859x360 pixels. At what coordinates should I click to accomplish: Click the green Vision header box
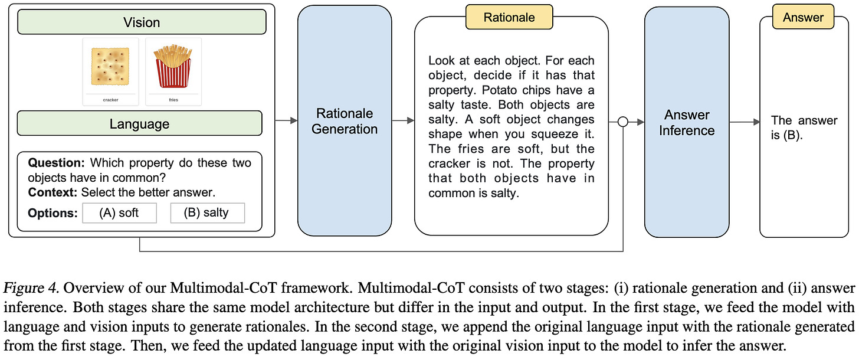[x=142, y=22]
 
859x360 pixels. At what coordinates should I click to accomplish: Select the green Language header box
[x=139, y=124]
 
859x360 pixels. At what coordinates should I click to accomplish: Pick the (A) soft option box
[x=120, y=212]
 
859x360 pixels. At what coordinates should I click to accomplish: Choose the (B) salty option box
[x=207, y=212]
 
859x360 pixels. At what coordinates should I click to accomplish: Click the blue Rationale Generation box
[x=345, y=121]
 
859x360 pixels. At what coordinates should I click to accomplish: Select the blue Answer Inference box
[x=687, y=122]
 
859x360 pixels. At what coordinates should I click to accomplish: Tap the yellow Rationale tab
[x=509, y=17]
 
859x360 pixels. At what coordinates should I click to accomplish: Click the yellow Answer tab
[x=804, y=18]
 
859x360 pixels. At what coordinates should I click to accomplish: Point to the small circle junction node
[x=622, y=122]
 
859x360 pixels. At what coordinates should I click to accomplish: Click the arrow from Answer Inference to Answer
[x=745, y=122]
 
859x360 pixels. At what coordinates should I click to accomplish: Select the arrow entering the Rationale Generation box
[x=286, y=121]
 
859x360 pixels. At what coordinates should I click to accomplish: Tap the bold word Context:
[x=54, y=192]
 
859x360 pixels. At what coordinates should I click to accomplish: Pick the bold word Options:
[x=53, y=213]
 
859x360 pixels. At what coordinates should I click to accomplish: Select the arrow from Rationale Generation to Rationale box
[x=403, y=121]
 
